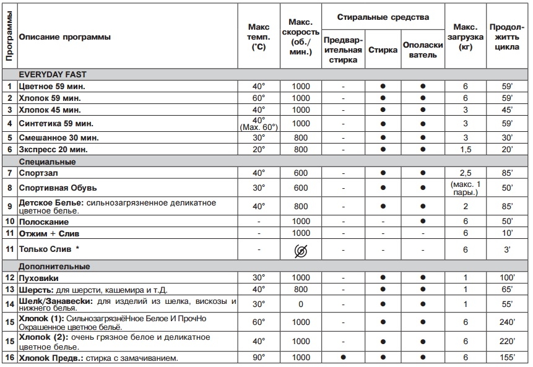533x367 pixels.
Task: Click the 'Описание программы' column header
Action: click(66, 37)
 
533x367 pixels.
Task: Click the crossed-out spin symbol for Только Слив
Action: click(301, 249)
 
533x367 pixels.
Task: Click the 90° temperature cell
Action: click(259, 358)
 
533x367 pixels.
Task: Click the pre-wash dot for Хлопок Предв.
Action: click(343, 358)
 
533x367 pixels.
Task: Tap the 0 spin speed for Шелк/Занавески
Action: click(301, 303)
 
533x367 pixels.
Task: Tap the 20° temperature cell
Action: click(259, 149)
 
